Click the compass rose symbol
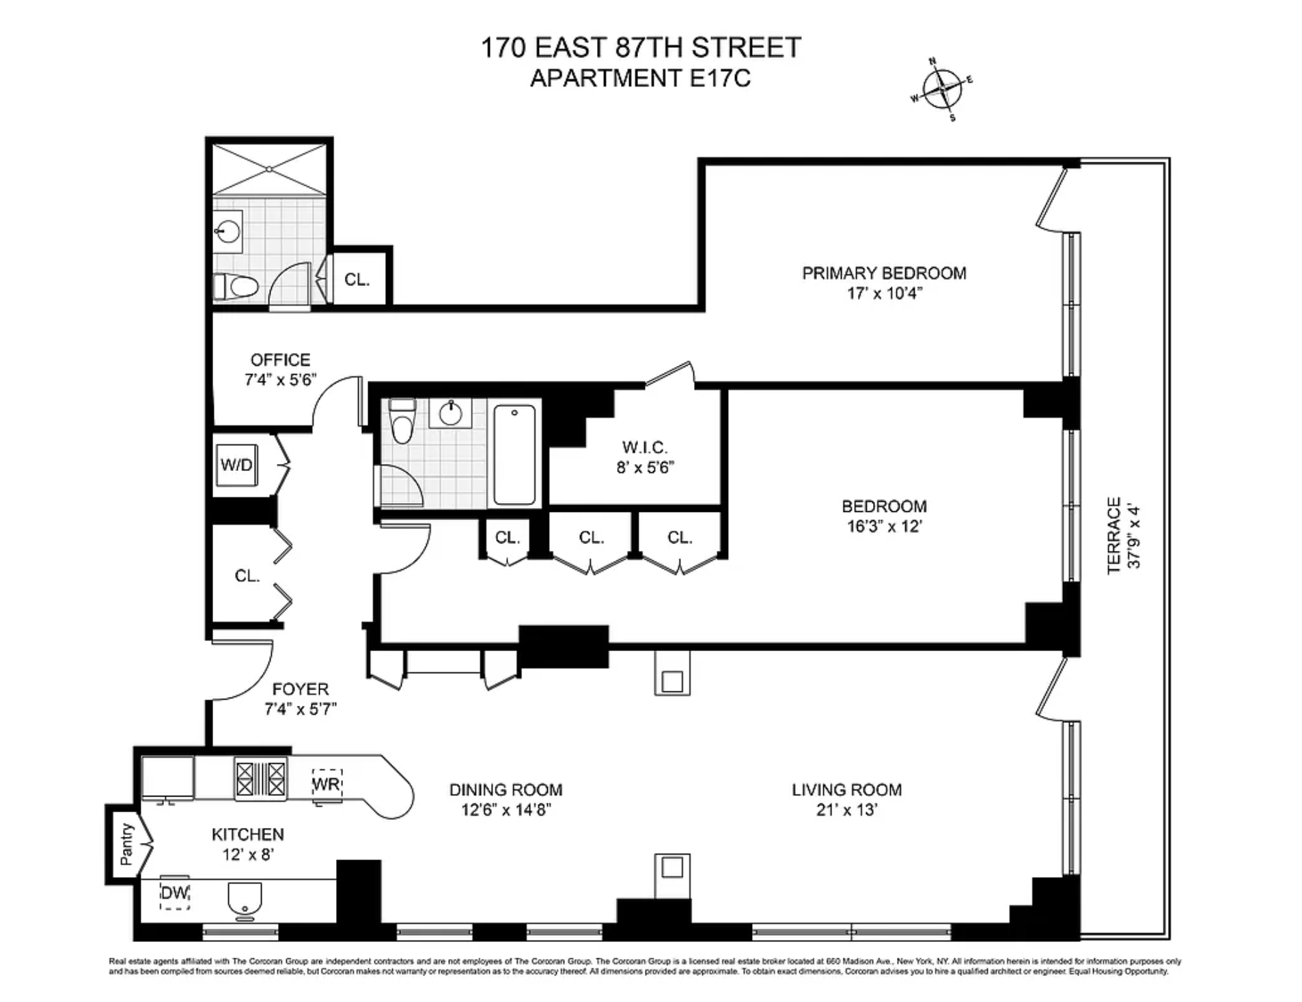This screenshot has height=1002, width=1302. [943, 89]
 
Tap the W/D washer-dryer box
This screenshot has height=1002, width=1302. [236, 465]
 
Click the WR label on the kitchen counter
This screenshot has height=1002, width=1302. [326, 784]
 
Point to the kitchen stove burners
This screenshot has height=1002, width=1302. [260, 779]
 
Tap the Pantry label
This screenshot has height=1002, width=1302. [127, 844]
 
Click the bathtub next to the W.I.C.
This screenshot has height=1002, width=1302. [514, 454]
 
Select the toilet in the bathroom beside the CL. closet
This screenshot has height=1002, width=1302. [236, 286]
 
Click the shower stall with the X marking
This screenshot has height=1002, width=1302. [269, 169]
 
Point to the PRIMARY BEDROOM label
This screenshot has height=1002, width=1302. [884, 273]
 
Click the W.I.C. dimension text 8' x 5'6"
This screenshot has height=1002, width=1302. [645, 468]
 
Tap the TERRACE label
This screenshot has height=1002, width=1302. [1113, 535]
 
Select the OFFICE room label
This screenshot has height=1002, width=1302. [280, 360]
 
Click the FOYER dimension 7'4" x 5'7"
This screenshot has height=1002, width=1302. [301, 709]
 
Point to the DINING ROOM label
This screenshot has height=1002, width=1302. [506, 790]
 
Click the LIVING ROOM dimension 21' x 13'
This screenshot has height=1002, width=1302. [846, 810]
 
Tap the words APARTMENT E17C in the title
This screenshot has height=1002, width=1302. [641, 78]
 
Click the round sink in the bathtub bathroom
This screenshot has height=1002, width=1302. [450, 413]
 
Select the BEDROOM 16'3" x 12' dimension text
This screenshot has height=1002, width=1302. [885, 526]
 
